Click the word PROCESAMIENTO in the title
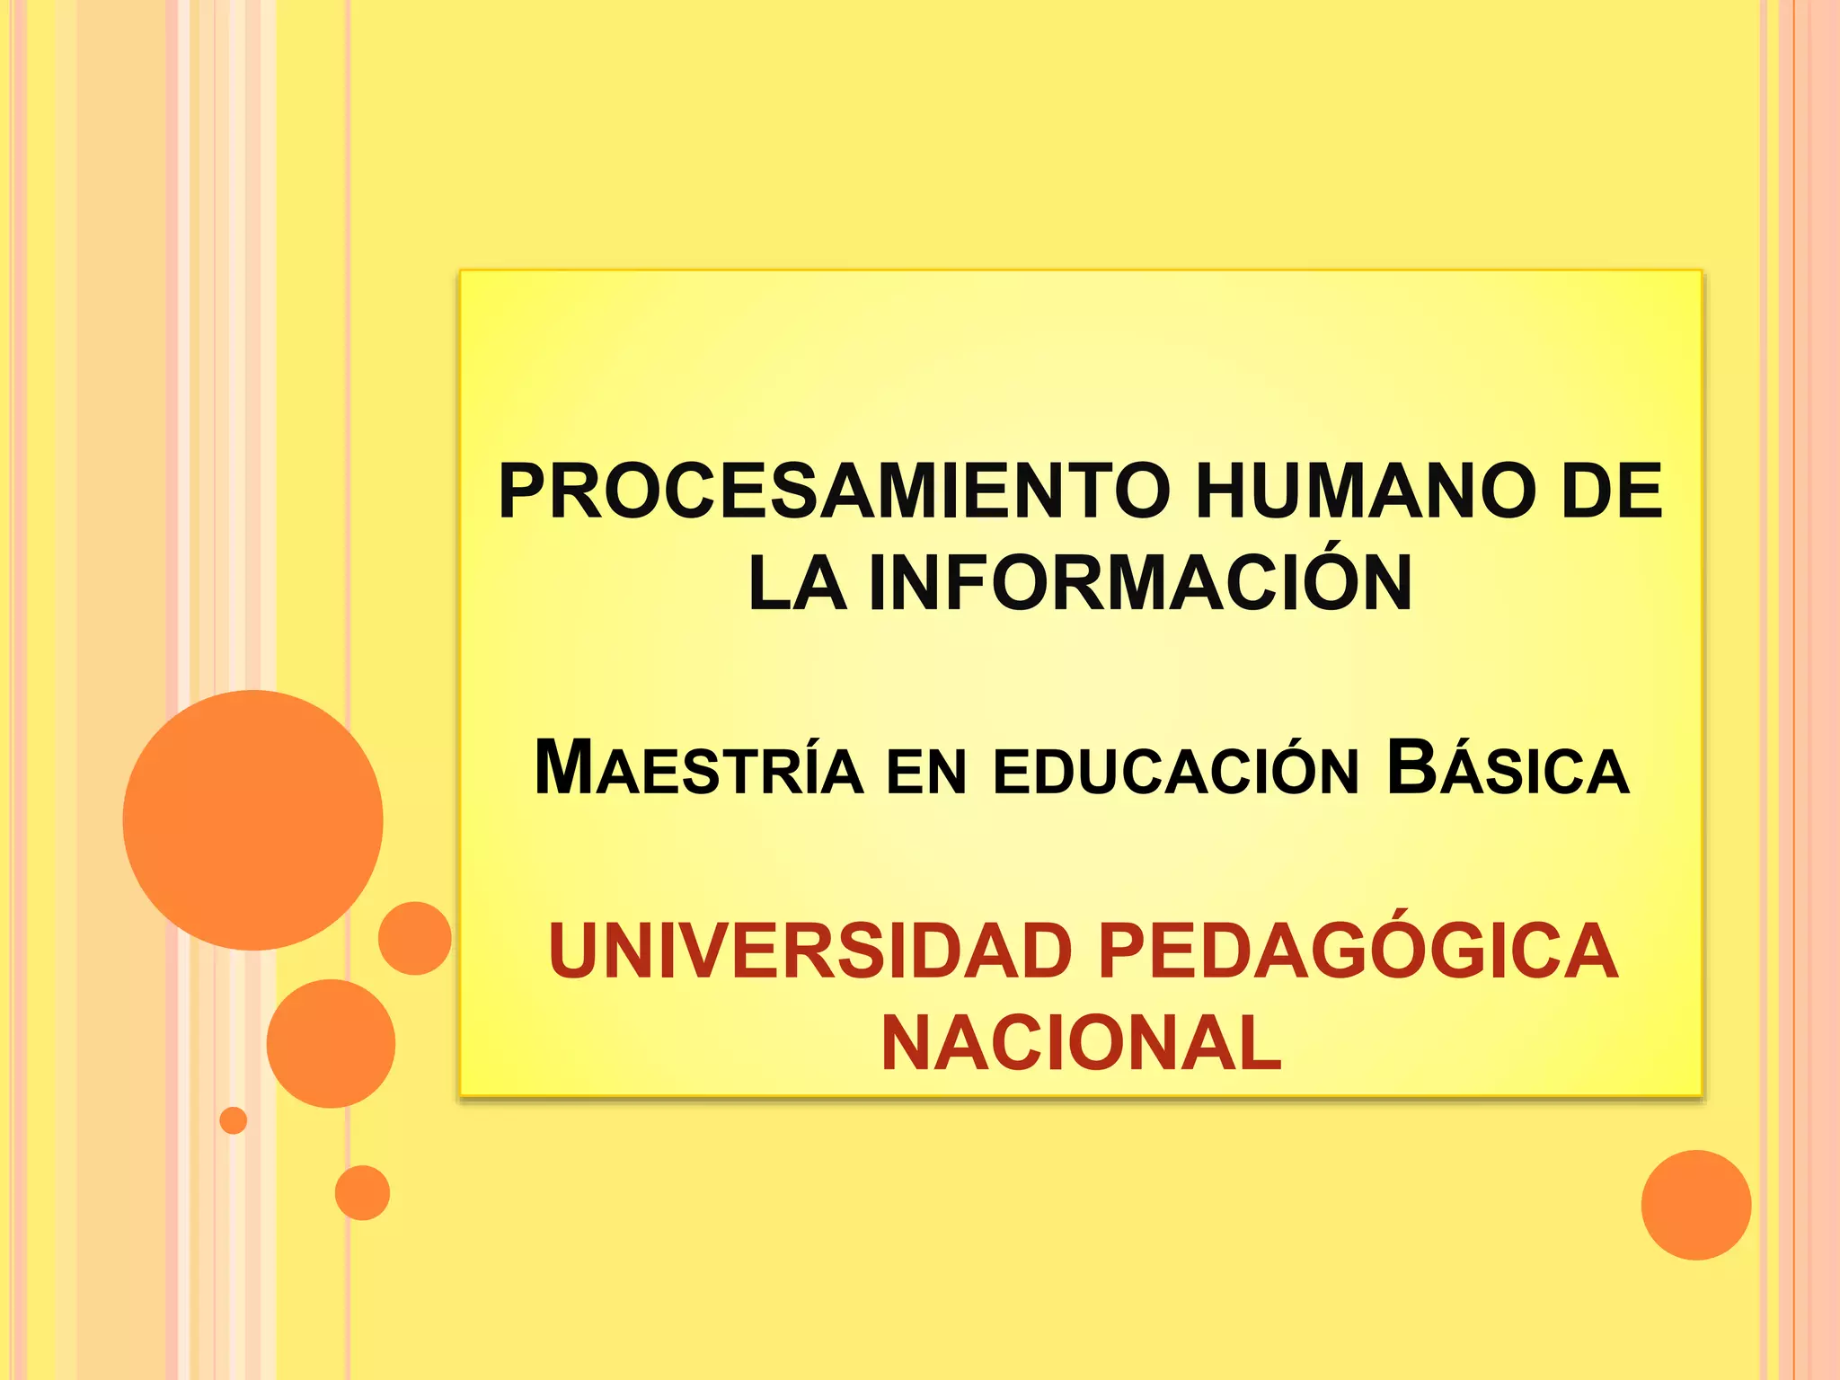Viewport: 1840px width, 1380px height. click(835, 491)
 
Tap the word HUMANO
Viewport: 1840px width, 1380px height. click(1365, 491)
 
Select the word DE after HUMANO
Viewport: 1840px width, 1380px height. click(1612, 491)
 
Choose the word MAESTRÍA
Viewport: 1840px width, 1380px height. click(698, 769)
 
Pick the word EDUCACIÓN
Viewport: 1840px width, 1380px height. click(1176, 771)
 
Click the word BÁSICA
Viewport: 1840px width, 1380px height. click(1508, 769)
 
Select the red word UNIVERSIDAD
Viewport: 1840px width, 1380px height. click(809, 951)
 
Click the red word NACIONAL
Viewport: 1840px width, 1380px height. click(1082, 1044)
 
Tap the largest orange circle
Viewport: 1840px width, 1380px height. click(253, 820)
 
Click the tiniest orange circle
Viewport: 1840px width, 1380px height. click(234, 1120)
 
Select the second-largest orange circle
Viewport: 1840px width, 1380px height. click(331, 1043)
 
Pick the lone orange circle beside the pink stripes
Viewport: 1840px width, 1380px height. click(1695, 1205)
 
